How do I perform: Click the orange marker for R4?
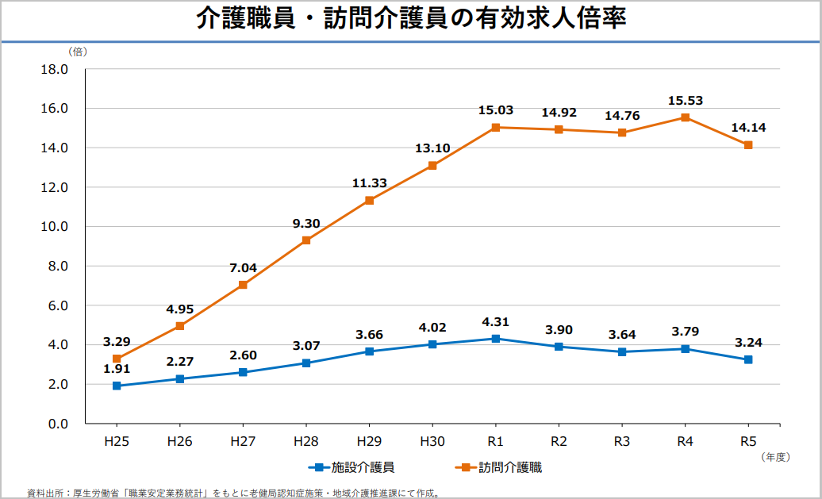pos(685,117)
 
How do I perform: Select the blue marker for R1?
pos(495,339)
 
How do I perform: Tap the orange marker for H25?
pos(117,359)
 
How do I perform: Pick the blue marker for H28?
pos(306,363)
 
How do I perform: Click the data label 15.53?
pos(685,101)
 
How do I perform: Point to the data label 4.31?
pos(495,322)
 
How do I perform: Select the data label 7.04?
pos(243,268)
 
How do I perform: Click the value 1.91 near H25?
pos(117,369)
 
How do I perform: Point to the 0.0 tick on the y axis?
pos(58,424)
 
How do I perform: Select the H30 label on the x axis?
pos(432,441)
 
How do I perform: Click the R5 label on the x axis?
pos(747,441)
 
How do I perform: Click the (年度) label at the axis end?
pos(774,456)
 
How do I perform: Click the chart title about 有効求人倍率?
pos(411,19)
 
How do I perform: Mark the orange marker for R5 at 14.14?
pos(747,145)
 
